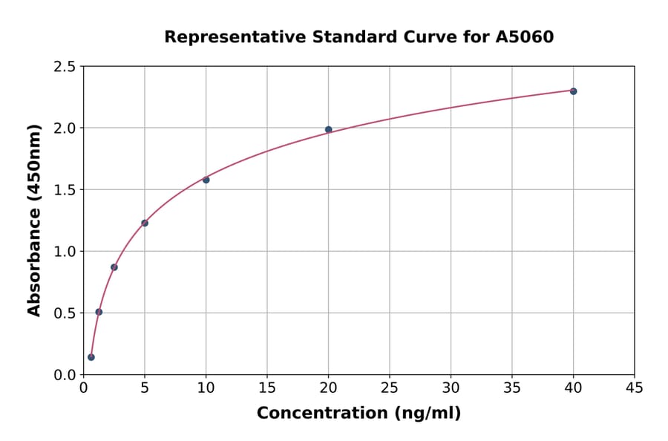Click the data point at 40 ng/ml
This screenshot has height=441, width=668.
[x=573, y=91]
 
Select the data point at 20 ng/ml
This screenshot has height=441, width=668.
[x=328, y=130]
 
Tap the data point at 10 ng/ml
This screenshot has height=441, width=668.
[x=206, y=180]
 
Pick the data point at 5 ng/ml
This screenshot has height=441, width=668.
[x=145, y=223]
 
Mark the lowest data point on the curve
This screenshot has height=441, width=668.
[x=91, y=357]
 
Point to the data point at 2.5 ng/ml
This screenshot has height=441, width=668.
[x=114, y=267]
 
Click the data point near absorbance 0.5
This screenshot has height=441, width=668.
[x=99, y=312]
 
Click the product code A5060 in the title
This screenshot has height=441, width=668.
[x=524, y=36]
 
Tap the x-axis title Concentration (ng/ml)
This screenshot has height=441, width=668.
[x=358, y=413]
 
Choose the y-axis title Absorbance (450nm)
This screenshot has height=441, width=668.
[x=34, y=220]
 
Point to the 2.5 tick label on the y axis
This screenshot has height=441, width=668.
[x=64, y=67]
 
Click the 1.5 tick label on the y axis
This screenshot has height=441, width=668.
[x=64, y=190]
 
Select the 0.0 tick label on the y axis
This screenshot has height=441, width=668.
[x=64, y=375]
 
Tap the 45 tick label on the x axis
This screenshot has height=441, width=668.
[x=634, y=388]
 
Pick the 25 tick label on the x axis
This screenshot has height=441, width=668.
[x=390, y=388]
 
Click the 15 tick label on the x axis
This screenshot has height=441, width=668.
[x=267, y=388]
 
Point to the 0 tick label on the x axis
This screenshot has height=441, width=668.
[x=84, y=388]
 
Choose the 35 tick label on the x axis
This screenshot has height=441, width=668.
[x=511, y=388]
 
